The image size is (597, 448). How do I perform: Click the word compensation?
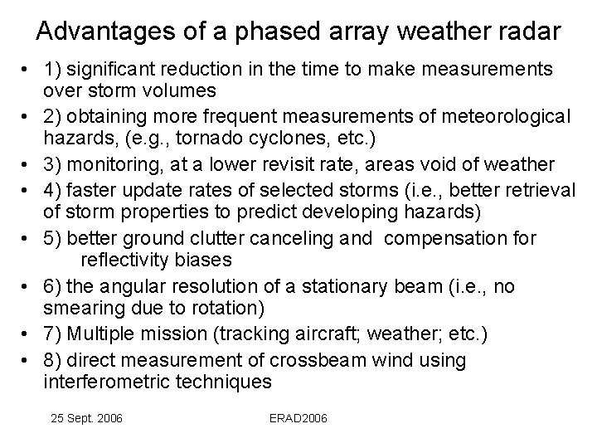point(444,239)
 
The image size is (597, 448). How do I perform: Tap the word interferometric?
point(108,382)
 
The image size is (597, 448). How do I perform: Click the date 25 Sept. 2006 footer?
point(85,419)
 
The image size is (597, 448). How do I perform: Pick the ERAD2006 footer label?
point(298,419)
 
